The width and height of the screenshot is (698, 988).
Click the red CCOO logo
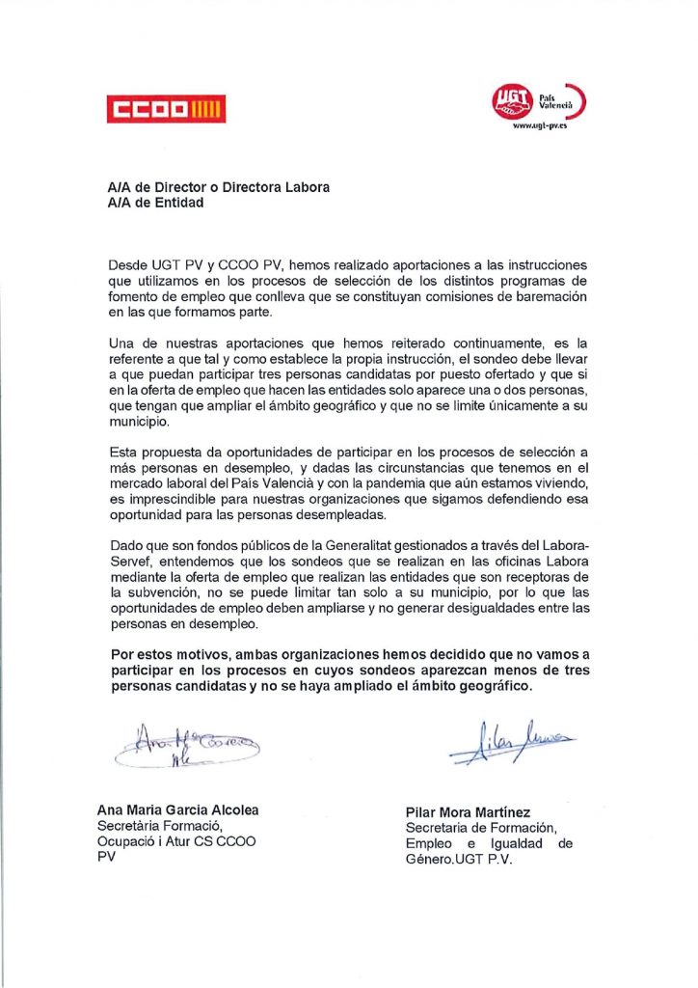[x=166, y=107]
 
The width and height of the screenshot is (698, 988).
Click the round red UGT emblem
[x=511, y=99]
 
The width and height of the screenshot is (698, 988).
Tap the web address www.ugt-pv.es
[x=539, y=125]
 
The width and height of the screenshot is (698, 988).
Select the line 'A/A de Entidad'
[x=155, y=204]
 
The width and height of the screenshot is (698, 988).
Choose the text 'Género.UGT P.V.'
[x=459, y=859]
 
